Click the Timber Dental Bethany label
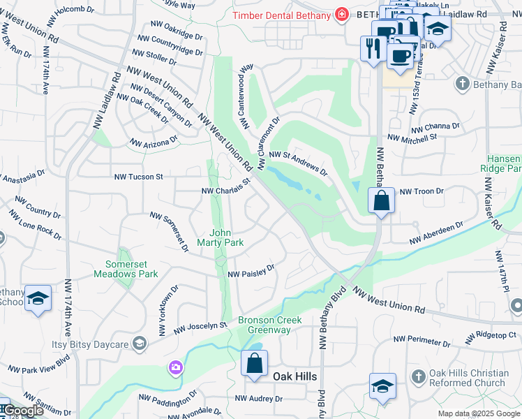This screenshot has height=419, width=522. point(283,15)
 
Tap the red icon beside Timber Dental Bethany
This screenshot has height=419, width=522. point(341,14)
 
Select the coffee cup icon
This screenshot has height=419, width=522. point(400,54)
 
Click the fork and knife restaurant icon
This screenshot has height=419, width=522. point(372,48)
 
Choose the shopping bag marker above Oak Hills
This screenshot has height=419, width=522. point(254,363)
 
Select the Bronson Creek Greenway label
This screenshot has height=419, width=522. point(270,325)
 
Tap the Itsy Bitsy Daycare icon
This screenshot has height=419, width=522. point(140,342)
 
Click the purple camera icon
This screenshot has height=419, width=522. point(175,367)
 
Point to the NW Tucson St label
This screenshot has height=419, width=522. point(140,177)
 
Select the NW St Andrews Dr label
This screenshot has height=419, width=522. point(298,162)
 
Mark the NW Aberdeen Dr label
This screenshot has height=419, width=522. point(436,235)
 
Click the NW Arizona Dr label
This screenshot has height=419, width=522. point(154,142)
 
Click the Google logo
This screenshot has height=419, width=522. point(23,411)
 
